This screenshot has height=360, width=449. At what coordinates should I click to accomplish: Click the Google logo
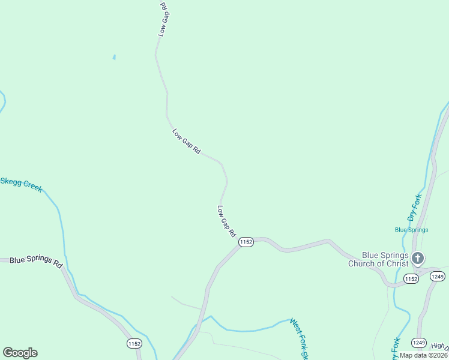coord(20,353)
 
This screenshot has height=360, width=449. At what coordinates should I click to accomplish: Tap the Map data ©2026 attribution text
coord(423,355)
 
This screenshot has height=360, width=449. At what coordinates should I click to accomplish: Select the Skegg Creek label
coord(21,184)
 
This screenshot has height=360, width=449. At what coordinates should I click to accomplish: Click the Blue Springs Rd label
coord(36,262)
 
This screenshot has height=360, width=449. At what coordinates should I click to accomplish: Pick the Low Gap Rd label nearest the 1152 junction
coord(226,221)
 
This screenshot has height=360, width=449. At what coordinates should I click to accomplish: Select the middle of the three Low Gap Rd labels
coord(186,142)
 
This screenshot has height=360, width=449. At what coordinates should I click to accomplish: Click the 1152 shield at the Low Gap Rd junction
coord(246,242)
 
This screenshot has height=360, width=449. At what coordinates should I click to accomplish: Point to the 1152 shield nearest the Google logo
coord(135,343)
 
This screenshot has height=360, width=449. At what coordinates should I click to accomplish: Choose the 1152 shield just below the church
coord(411,279)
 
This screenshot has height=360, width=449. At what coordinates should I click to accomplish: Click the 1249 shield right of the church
coord(437,276)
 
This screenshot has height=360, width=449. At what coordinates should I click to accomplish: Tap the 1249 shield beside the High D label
coord(420,343)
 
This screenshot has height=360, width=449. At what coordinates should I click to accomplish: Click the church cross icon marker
coord(418,259)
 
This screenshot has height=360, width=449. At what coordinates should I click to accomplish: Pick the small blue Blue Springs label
coord(411,230)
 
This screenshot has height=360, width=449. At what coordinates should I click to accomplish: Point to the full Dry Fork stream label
coord(415,207)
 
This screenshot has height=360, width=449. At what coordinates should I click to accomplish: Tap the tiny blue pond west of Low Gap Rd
coord(114,58)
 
